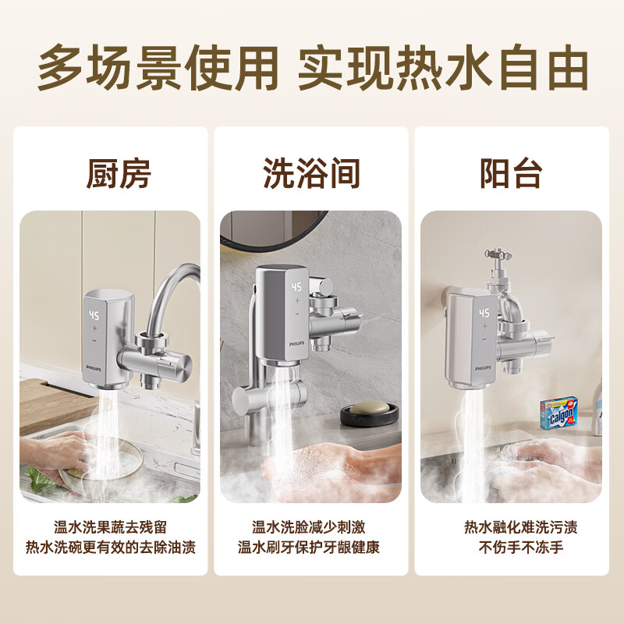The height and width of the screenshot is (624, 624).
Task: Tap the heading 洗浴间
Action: pos(311,173)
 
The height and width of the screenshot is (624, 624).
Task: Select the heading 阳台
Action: pos(511,173)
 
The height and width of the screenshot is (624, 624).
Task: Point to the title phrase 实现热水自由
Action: pos(443,69)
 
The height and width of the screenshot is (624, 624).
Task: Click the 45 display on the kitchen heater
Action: pos(94,316)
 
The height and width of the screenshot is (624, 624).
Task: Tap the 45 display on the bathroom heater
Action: pos(296,287)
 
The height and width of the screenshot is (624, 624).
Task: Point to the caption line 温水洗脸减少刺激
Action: pos(309,528)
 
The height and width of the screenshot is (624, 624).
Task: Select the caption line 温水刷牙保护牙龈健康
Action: pos(309,547)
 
